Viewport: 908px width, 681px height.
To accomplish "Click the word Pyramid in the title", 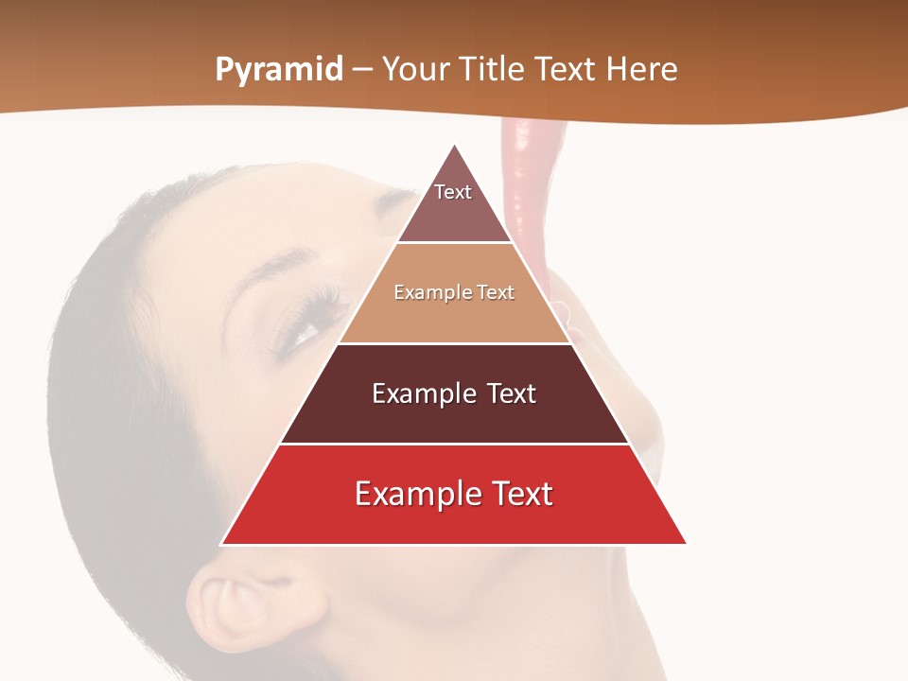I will [279, 70].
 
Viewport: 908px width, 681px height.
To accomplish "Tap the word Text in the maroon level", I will [511, 393].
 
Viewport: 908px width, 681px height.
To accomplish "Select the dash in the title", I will [362, 70].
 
